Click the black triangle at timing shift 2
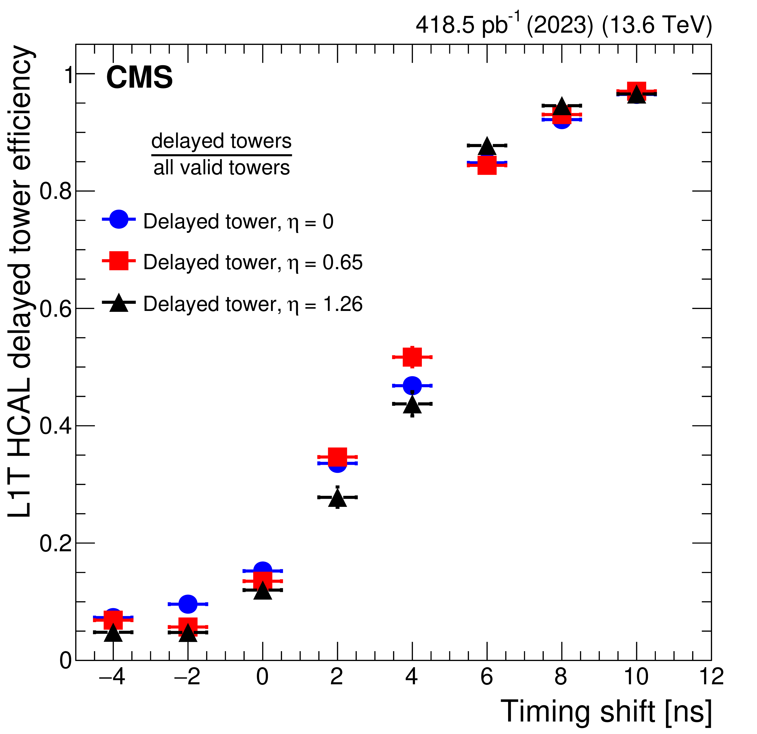pos(338,498)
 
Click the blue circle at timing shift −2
pos(188,604)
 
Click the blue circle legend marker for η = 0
pos(119,219)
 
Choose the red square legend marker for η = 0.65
pos(119,261)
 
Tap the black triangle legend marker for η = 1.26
pos(119,303)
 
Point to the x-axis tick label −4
pos(112,677)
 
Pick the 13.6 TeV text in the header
pos(657,25)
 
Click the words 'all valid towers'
pos(222,168)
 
